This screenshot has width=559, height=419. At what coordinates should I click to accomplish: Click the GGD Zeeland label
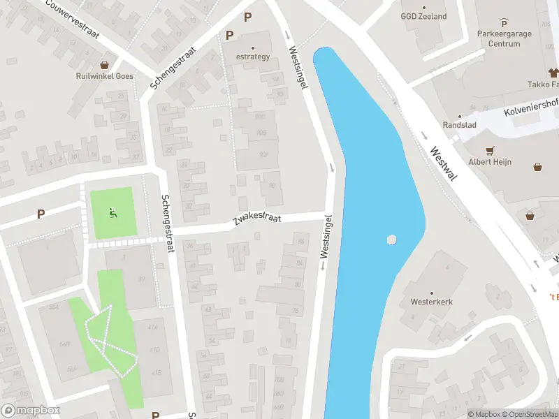423,17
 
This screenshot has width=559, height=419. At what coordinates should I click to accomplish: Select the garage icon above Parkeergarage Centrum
504,22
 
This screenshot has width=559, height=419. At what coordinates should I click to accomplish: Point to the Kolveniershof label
532,108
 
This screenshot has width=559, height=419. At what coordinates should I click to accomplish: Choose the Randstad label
459,125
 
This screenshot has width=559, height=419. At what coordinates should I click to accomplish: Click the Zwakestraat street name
256,221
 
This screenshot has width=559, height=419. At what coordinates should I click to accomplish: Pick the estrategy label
252,57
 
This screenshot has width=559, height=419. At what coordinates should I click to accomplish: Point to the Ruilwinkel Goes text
105,77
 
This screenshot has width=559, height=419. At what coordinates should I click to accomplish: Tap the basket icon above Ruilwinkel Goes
105,64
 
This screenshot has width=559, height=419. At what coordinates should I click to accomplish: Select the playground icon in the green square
112,213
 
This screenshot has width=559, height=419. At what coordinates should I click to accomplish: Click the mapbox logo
30,411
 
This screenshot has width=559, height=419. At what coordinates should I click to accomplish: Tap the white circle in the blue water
391,240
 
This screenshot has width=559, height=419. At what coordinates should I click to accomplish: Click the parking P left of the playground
41,214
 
